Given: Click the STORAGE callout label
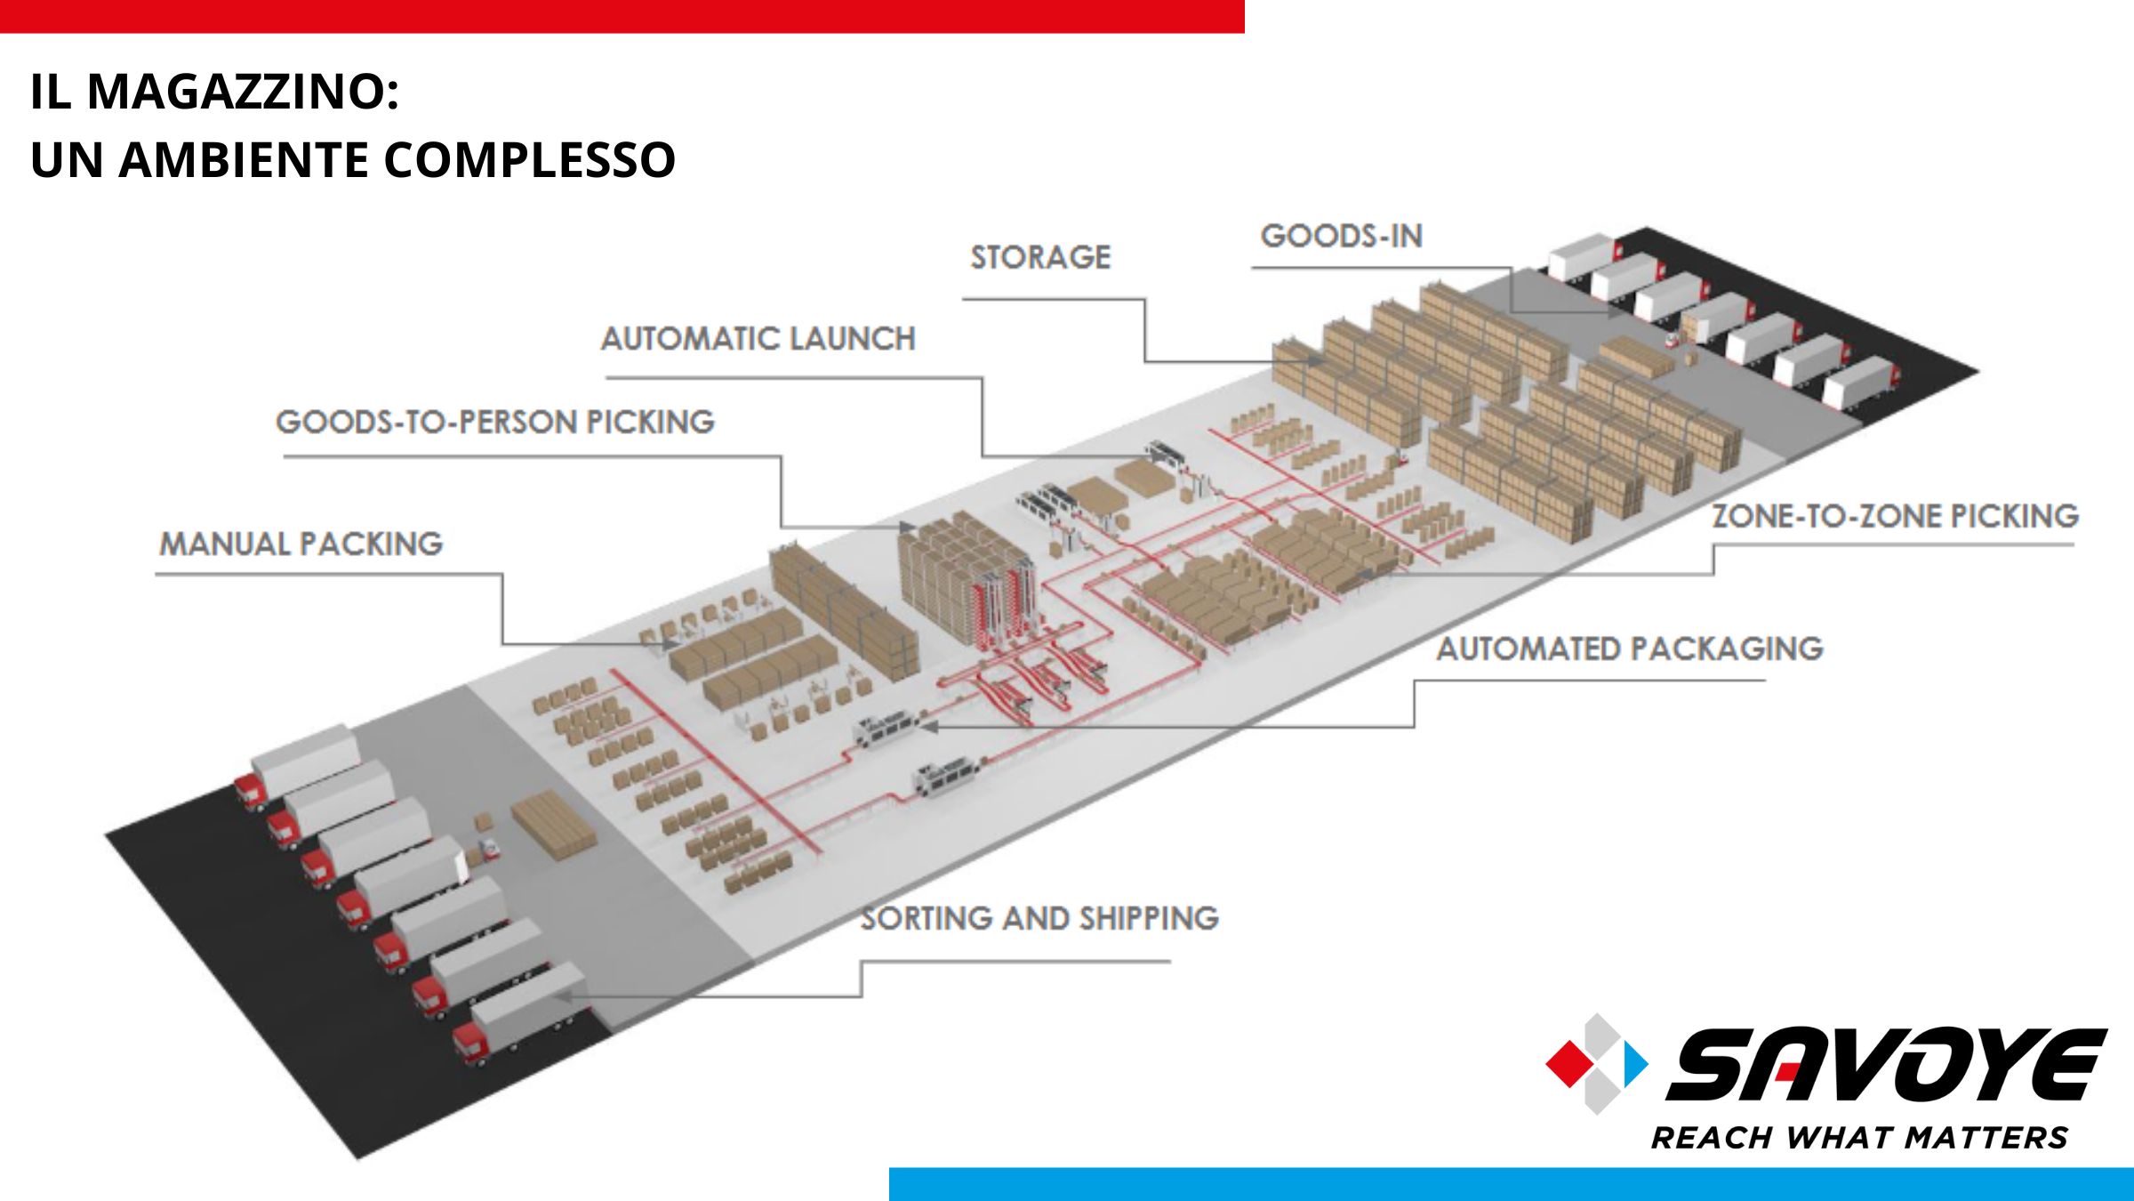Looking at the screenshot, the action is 1040,257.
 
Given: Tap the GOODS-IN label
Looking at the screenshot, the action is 1342,236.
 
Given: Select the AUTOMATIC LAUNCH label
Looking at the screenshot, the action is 758,338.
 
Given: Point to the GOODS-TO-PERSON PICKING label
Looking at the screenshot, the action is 495,422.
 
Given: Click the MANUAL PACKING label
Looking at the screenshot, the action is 301,544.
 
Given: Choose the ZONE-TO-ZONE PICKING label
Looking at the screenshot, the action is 1896,516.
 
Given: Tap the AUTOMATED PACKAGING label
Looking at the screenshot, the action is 1630,649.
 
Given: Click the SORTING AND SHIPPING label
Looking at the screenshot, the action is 1039,918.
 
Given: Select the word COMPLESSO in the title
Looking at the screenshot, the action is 530,159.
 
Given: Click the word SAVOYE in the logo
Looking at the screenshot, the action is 1887,1064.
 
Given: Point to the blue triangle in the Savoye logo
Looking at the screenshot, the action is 1634,1063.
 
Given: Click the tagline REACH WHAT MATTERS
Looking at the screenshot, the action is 1859,1138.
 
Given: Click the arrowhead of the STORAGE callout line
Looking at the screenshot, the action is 1314,362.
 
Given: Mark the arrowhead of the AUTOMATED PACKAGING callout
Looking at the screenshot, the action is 928,727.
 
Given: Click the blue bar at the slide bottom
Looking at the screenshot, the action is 1512,1184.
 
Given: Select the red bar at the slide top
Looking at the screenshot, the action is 622,16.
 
